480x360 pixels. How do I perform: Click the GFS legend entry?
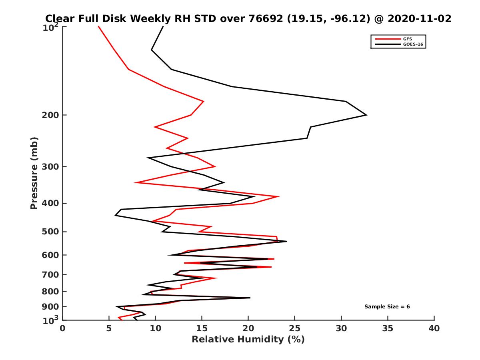tap(406, 39)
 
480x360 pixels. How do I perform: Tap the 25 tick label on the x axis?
tap(295, 329)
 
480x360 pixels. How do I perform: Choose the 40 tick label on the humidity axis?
tap(434, 329)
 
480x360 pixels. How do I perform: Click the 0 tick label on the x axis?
tap(63, 329)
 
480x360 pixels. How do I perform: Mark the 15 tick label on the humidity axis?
tap(202, 329)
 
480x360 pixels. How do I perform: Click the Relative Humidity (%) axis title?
tap(248, 340)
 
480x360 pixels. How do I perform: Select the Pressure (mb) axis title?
tap(34, 173)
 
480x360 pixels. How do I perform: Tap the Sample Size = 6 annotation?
tap(387, 307)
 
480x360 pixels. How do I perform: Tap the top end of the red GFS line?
tap(98, 26)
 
